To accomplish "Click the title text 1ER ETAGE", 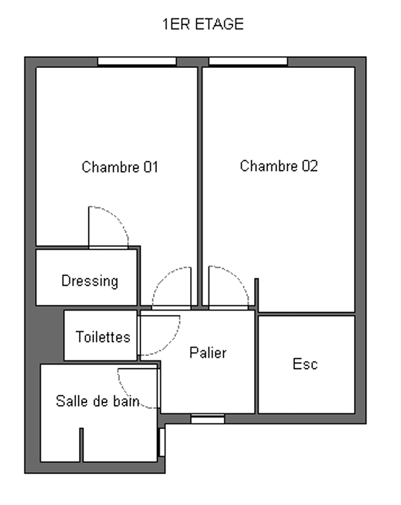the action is point(203,25).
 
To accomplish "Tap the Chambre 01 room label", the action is point(120,167).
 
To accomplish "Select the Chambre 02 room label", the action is point(279,166).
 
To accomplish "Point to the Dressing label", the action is point(90,281).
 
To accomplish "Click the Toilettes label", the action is point(103,337).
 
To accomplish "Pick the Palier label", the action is point(208,353).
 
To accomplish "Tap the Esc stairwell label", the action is point(305,364).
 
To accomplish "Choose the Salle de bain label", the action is point(98,401).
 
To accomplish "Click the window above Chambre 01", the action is point(137,61).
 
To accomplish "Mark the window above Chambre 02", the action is point(248,61).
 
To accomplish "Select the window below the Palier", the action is point(208,419).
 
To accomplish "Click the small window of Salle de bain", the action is point(162,442).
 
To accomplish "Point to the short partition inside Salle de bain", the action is point(82,445).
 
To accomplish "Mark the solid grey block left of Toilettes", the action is point(49,335).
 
